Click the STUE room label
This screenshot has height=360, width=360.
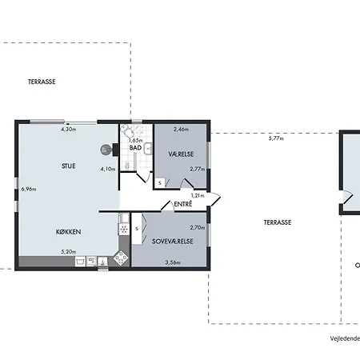click(x=69, y=166)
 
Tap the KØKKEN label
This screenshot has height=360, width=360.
click(x=69, y=232)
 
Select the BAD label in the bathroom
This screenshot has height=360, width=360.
click(x=135, y=148)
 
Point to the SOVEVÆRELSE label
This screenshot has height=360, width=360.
click(x=173, y=242)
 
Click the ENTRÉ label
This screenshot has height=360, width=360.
click(x=183, y=204)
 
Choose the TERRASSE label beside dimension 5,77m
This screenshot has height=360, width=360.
click(x=278, y=222)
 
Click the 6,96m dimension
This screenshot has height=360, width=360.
click(x=29, y=189)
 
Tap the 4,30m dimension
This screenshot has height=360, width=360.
click(x=69, y=129)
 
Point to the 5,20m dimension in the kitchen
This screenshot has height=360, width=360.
click(x=69, y=251)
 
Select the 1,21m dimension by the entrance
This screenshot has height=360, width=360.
click(x=198, y=195)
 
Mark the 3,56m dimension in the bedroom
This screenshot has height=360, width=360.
click(x=173, y=262)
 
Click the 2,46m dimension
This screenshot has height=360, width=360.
click(x=181, y=130)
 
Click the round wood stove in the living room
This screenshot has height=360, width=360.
click(x=106, y=150)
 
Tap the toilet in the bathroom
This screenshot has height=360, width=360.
click(x=127, y=130)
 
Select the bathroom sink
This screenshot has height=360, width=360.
click(x=148, y=149)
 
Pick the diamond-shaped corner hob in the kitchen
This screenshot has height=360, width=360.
click(x=121, y=258)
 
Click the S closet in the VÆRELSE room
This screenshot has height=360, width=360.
click(x=160, y=182)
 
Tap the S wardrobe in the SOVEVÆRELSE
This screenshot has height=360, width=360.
click(x=137, y=229)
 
